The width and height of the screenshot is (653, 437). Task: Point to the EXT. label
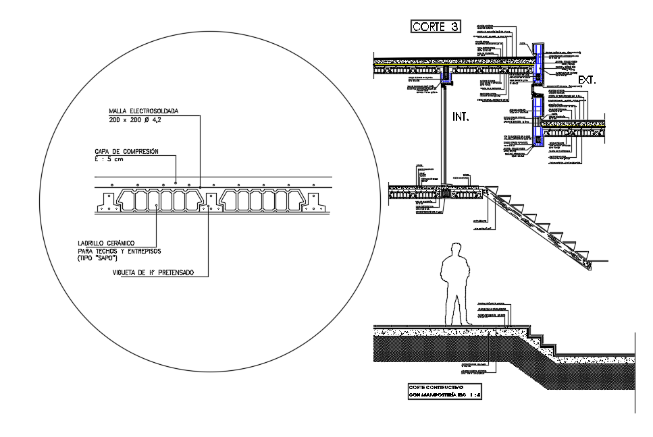tap(587, 80)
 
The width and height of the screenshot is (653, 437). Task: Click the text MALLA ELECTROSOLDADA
tap(142, 111)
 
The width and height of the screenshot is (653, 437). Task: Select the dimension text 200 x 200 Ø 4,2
tap(135, 119)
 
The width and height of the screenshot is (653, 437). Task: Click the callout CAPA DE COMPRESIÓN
tap(126, 152)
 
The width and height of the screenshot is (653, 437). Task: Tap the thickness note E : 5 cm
tap(109, 160)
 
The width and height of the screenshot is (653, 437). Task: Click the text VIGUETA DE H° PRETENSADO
tap(153, 272)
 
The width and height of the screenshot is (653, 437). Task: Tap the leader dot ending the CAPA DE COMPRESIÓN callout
tap(176, 181)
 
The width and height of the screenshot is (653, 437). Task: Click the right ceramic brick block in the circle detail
tap(259, 201)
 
